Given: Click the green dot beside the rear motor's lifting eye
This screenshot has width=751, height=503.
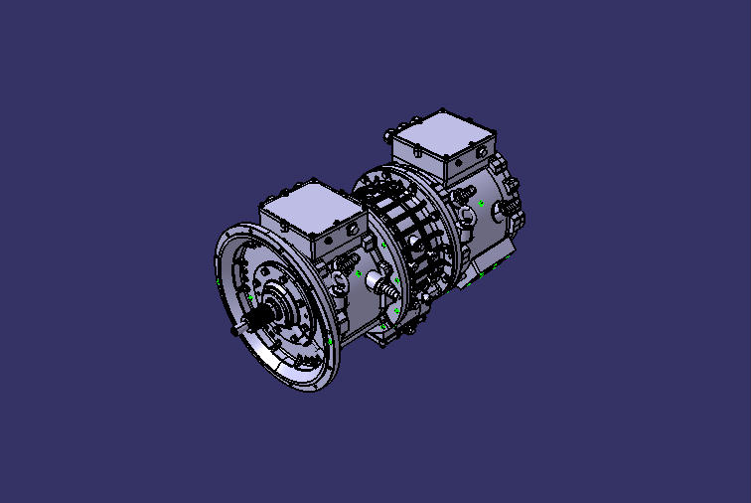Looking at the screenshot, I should point(482,203).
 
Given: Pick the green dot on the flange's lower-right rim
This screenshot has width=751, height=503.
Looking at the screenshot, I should point(330,341).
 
